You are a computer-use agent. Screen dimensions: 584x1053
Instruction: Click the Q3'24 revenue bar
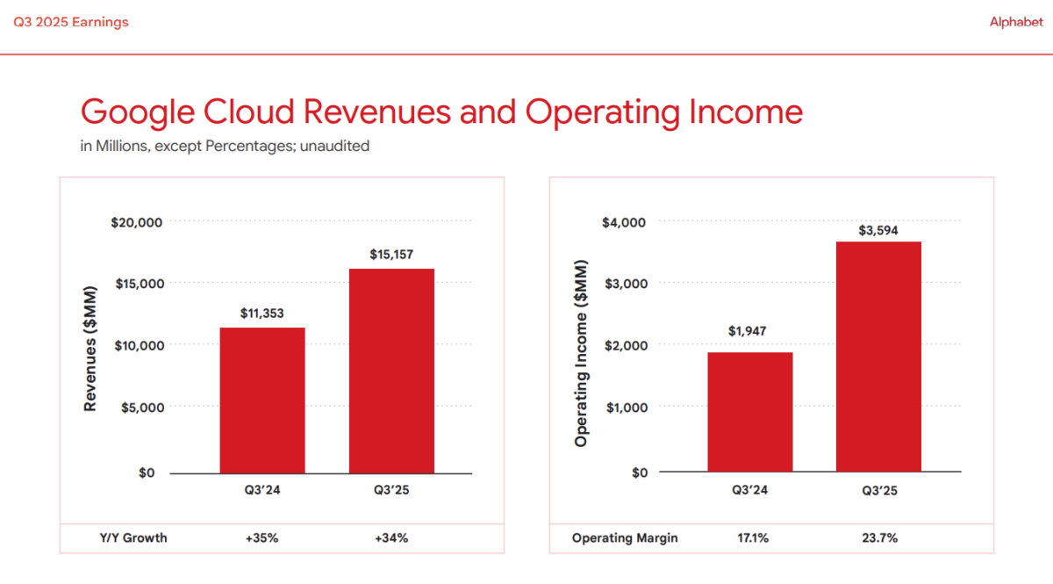pyautogui.click(x=262, y=400)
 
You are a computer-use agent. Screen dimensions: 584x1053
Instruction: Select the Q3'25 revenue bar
pyautogui.click(x=391, y=371)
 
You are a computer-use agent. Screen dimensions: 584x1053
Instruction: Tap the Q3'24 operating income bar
pyautogui.click(x=750, y=413)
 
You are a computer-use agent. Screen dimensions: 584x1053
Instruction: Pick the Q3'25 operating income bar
pyautogui.click(x=878, y=357)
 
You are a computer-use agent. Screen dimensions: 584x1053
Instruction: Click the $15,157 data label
pyautogui.click(x=391, y=255)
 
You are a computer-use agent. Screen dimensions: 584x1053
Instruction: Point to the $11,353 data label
pyautogui.click(x=262, y=313)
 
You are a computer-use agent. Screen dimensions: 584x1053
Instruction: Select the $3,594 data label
pyautogui.click(x=878, y=231)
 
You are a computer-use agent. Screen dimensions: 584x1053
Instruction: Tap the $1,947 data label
pyautogui.click(x=750, y=331)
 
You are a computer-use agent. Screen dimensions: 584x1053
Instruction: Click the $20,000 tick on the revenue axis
pyautogui.click(x=137, y=222)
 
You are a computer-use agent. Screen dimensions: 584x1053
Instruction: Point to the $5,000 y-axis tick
pyautogui.click(x=140, y=407)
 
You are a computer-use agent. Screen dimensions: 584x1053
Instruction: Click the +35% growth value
pyautogui.click(x=262, y=537)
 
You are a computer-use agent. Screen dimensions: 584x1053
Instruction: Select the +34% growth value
pyautogui.click(x=391, y=537)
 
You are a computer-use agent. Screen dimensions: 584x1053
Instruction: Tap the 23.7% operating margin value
pyautogui.click(x=878, y=537)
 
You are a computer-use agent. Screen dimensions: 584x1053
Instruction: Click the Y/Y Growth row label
pyautogui.click(x=133, y=537)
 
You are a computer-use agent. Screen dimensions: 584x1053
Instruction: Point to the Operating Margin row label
pyautogui.click(x=625, y=537)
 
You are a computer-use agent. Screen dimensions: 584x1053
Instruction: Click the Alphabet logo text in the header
pyautogui.click(x=1016, y=23)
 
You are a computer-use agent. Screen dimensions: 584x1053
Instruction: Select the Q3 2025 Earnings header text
pyautogui.click(x=71, y=23)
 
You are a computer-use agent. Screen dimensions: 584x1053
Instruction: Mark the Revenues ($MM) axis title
pyautogui.click(x=90, y=347)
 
